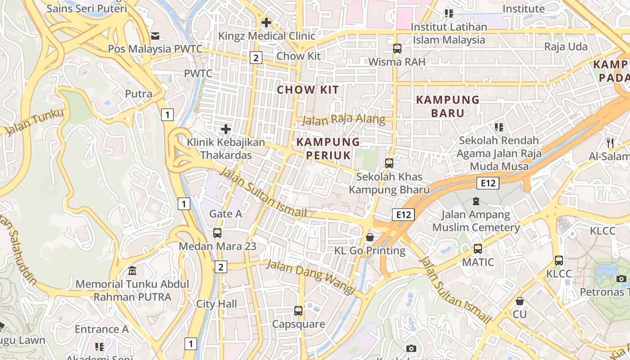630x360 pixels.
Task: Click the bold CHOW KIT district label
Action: point(308,90)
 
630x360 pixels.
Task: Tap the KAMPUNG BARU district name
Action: point(448,106)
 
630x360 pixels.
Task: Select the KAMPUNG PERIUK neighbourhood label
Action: point(328,148)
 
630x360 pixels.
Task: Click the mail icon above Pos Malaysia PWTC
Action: point(155,36)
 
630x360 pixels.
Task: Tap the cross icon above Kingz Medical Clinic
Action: point(266,22)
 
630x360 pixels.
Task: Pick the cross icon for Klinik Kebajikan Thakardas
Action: point(226,130)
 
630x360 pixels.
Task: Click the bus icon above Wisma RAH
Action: point(397,49)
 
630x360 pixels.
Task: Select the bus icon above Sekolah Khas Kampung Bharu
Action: point(389,163)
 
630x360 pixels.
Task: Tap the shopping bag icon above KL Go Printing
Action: point(370,237)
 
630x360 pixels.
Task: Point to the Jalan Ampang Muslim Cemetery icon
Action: point(476,201)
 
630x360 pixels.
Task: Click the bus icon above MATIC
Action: point(478,248)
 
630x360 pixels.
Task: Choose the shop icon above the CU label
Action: point(520,301)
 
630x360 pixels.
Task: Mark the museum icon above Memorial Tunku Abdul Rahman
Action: point(132,271)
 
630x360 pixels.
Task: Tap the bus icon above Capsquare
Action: point(298,310)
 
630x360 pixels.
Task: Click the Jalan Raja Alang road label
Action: point(343,120)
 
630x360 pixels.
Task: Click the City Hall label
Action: point(216,304)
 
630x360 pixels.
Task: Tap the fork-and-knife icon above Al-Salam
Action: point(610,143)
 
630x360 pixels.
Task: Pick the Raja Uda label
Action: point(566,47)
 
